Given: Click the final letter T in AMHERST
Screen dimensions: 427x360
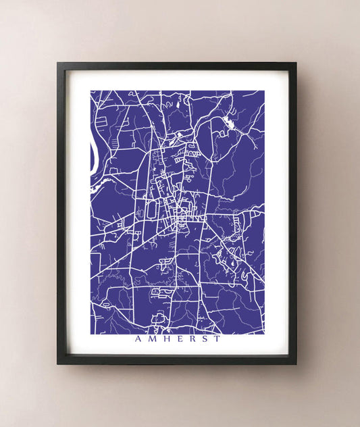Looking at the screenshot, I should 216,339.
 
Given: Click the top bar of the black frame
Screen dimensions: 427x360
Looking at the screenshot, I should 176,66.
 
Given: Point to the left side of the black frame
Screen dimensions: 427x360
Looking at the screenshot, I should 61,213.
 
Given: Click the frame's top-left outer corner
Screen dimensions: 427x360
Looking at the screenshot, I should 57,63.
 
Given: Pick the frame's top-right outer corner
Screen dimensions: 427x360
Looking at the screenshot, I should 296,63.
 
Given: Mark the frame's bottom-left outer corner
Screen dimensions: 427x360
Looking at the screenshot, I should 57,363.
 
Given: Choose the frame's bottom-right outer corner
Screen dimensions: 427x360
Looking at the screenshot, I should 296,363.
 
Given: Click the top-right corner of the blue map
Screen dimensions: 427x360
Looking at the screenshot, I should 263,91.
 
